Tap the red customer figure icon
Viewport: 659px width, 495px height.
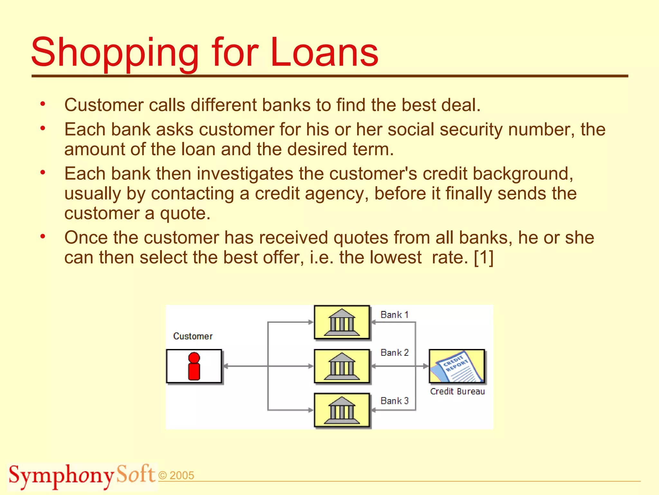194,366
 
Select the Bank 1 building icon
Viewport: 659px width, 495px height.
342,322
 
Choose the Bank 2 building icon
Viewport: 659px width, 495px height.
342,366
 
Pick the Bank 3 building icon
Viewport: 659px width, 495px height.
342,410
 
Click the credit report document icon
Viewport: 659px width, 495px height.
457,366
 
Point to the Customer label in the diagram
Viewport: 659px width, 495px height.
193,336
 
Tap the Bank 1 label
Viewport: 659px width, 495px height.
394,315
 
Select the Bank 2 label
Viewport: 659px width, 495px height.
394,353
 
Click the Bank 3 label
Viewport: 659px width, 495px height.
394,401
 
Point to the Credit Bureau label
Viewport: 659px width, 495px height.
457,391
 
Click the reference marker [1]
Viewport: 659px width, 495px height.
484,257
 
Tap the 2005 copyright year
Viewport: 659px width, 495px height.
182,475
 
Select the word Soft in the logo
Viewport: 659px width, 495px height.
136,474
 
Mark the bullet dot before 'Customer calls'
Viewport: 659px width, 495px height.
43,104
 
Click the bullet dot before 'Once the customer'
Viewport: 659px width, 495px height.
43,237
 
